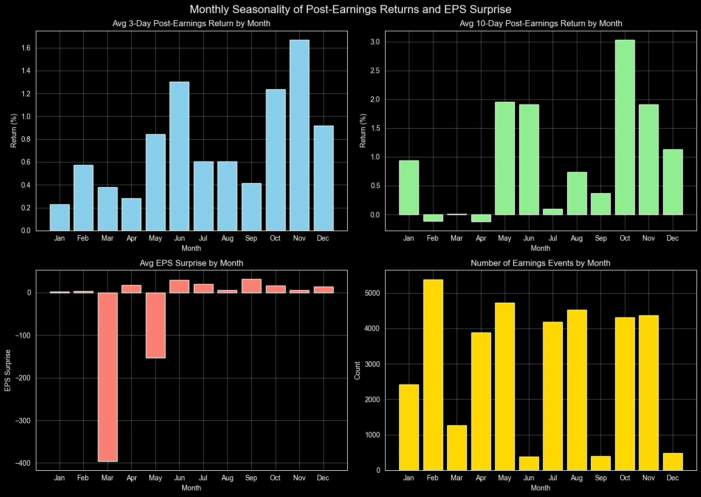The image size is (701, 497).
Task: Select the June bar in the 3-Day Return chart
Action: click(x=179, y=156)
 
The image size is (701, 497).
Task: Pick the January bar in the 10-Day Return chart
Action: click(x=409, y=188)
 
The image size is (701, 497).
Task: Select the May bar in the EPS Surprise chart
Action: click(x=155, y=325)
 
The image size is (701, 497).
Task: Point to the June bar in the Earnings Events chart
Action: click(x=529, y=463)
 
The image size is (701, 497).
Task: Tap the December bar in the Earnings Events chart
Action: click(x=673, y=462)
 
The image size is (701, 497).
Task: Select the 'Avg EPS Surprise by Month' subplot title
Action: click(x=191, y=263)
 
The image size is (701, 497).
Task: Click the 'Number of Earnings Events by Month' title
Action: click(x=541, y=263)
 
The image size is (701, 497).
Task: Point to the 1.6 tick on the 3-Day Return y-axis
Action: click(x=25, y=48)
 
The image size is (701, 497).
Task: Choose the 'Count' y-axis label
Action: click(x=357, y=370)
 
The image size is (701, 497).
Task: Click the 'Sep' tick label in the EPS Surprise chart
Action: click(x=251, y=478)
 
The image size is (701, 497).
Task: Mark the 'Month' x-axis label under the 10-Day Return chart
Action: click(x=541, y=248)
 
